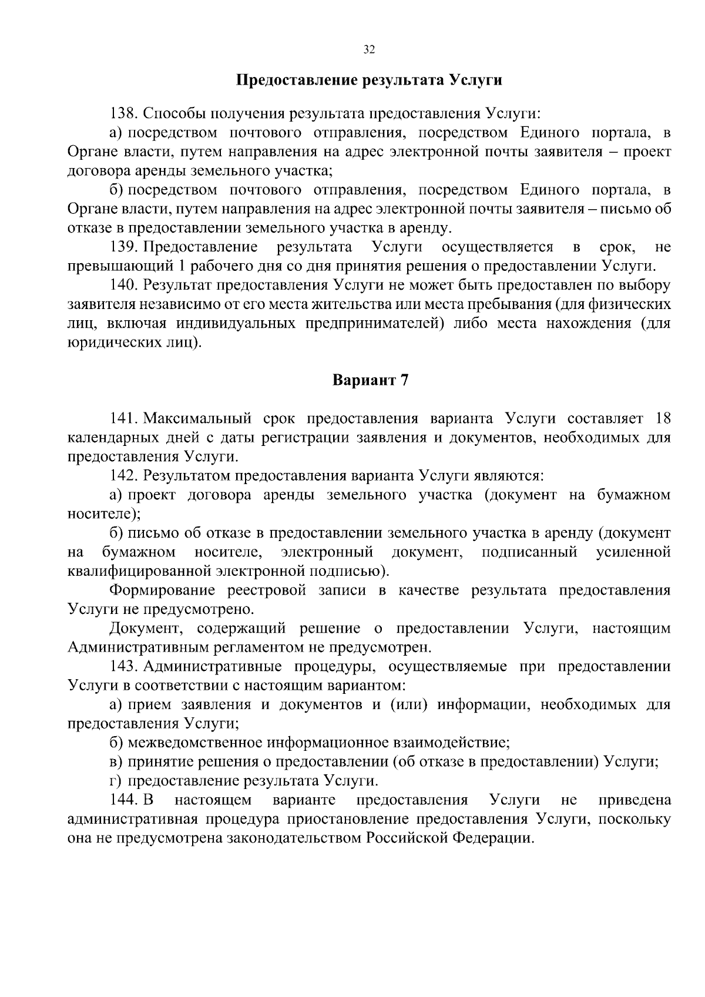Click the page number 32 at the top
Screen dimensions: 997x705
tap(369, 49)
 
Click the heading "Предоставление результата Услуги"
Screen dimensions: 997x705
tap(369, 80)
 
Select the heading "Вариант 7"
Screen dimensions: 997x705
tap(370, 380)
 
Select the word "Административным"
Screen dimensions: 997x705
tap(137, 647)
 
